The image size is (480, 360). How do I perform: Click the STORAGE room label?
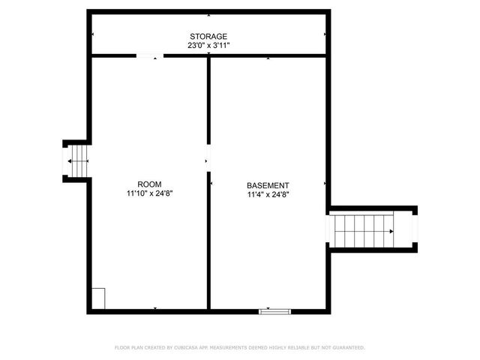coord(208,36)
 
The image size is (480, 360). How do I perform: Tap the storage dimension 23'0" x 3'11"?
coord(208,45)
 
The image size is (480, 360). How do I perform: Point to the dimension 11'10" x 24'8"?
coord(150,193)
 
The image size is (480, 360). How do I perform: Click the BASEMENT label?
coord(268,185)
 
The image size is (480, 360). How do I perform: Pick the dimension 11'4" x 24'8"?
coord(268,194)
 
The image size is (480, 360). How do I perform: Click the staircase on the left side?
coord(78,160)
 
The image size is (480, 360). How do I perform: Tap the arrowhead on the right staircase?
coord(391,231)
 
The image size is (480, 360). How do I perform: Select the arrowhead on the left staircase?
coord(69,161)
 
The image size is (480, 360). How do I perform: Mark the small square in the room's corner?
coord(98,298)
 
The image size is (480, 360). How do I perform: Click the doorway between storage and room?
coord(149,55)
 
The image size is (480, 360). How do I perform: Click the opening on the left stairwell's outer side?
coord(64,160)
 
